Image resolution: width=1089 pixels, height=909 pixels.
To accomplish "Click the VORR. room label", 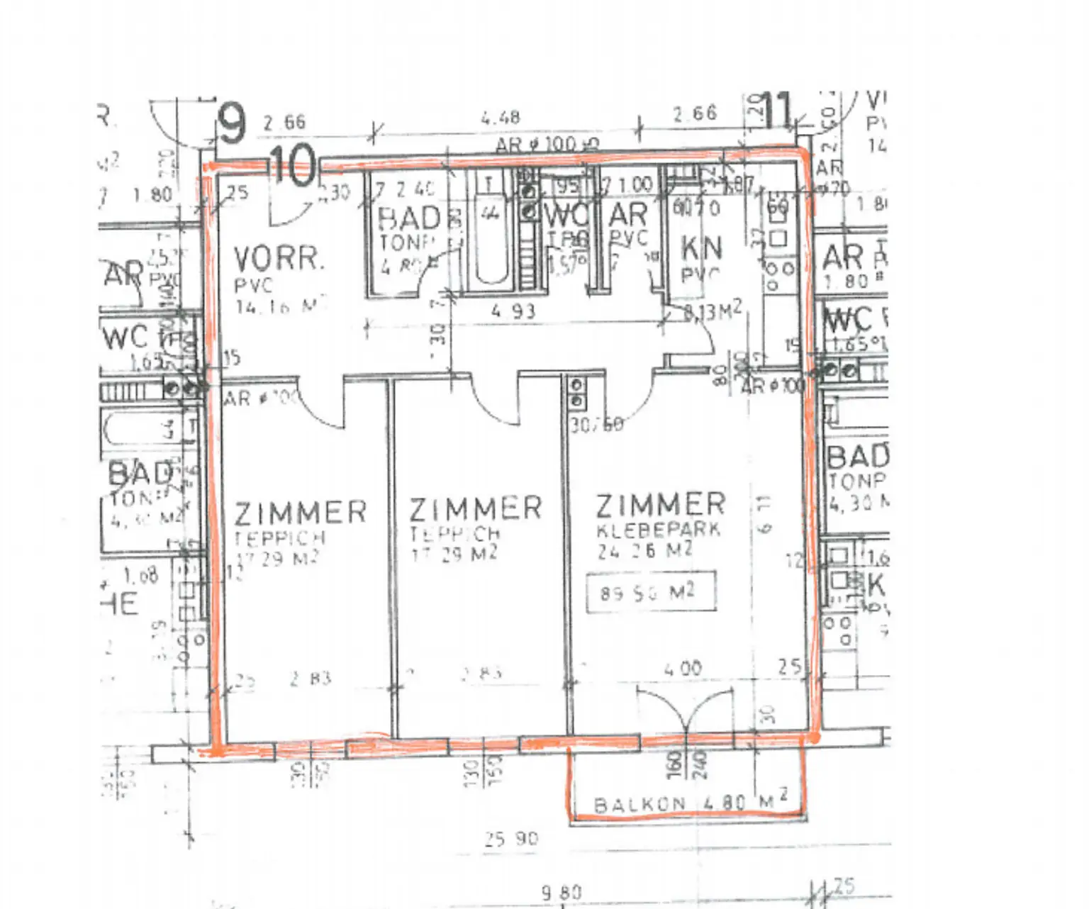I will [x=279, y=260].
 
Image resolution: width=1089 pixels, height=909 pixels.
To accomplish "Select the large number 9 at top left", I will [x=232, y=123].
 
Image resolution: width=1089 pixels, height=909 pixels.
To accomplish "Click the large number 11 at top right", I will [x=779, y=111].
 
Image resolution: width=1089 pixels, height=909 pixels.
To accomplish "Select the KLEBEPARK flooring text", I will [x=658, y=530].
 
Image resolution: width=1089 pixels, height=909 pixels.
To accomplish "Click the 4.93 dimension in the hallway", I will [x=513, y=311].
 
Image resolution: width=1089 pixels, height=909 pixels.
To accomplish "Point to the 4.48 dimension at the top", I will [x=501, y=117].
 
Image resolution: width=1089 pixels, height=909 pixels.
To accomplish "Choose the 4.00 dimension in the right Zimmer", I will [x=682, y=668].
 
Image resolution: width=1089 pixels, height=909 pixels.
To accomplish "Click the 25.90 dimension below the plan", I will [x=512, y=840].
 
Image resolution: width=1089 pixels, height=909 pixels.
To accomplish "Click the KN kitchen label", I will [x=701, y=248].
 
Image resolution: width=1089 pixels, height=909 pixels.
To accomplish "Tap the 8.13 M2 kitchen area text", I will [x=713, y=311].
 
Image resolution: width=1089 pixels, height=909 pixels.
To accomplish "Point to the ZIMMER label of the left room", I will [x=301, y=513].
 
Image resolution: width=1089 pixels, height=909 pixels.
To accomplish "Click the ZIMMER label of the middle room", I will [x=475, y=508].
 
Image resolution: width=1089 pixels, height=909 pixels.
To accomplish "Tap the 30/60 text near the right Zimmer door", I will [x=597, y=424].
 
